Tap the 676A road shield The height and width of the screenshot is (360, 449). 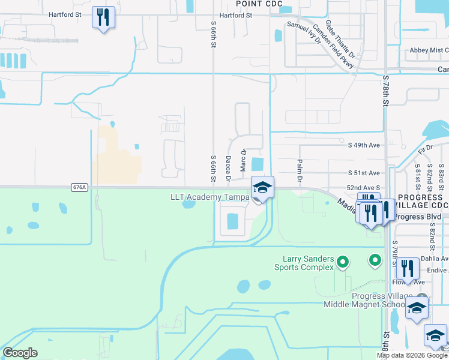[79, 187]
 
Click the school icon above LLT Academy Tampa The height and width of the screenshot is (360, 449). [262, 187]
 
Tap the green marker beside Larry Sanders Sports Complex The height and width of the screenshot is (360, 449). [343, 262]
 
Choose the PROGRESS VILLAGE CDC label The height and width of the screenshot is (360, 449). [420, 201]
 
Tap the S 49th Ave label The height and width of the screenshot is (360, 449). [364, 145]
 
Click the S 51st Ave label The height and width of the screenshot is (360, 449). [364, 173]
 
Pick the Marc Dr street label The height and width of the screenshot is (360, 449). [244, 160]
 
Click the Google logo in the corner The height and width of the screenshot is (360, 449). [20, 353]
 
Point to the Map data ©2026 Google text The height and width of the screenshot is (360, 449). [412, 355]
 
